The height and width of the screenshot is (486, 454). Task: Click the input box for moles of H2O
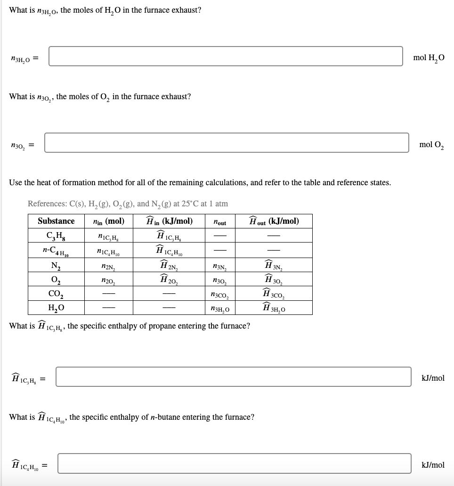[x=226, y=56]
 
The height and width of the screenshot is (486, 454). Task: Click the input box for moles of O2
[x=227, y=142]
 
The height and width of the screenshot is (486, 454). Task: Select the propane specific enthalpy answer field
[x=233, y=377]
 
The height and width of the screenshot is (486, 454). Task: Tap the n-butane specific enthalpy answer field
[x=234, y=463]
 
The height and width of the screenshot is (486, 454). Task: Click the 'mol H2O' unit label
[x=428, y=58]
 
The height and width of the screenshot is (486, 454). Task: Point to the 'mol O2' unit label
[x=431, y=145]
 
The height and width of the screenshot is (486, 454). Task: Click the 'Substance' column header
[x=56, y=221]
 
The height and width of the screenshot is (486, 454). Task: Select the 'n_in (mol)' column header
[x=109, y=221]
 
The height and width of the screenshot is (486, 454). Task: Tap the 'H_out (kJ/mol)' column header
[x=274, y=221]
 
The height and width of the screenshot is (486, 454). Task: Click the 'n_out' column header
[x=219, y=222]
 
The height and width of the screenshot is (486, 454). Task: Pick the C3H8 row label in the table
[x=56, y=235]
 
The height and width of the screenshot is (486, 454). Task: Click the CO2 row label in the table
[x=56, y=295]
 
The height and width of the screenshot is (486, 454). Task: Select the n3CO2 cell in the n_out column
[x=219, y=295]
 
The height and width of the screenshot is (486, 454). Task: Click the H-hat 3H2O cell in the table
[x=274, y=309]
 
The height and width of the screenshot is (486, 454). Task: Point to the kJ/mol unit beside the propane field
[x=433, y=378]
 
